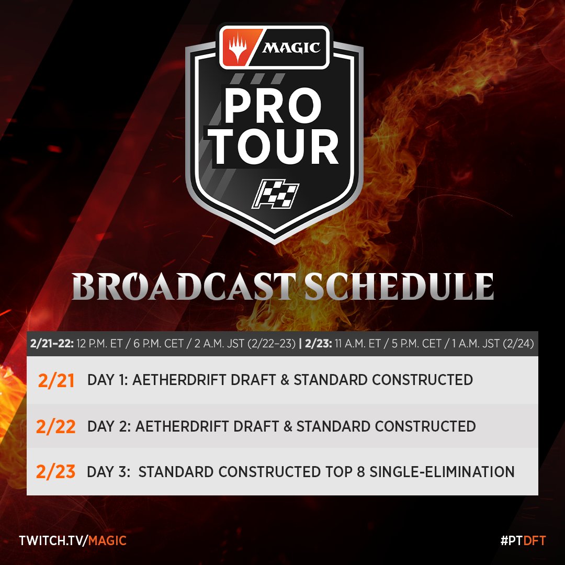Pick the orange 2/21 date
[x=56, y=380]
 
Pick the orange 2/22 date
[x=56, y=426]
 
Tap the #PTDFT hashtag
[x=522, y=540]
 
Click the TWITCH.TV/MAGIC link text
[x=73, y=540]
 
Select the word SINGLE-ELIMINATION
[x=442, y=472]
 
